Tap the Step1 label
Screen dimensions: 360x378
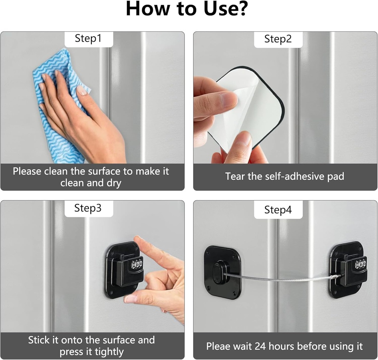click(88, 38)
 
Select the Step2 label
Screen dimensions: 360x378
click(278, 39)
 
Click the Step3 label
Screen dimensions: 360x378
click(88, 208)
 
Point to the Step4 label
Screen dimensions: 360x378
click(278, 210)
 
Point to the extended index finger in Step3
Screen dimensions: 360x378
click(155, 251)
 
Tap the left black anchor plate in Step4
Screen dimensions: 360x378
click(222, 272)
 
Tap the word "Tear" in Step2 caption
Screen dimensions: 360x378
click(235, 176)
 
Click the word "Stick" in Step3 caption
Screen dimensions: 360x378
click(39, 340)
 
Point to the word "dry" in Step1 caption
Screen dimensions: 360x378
click(113, 183)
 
